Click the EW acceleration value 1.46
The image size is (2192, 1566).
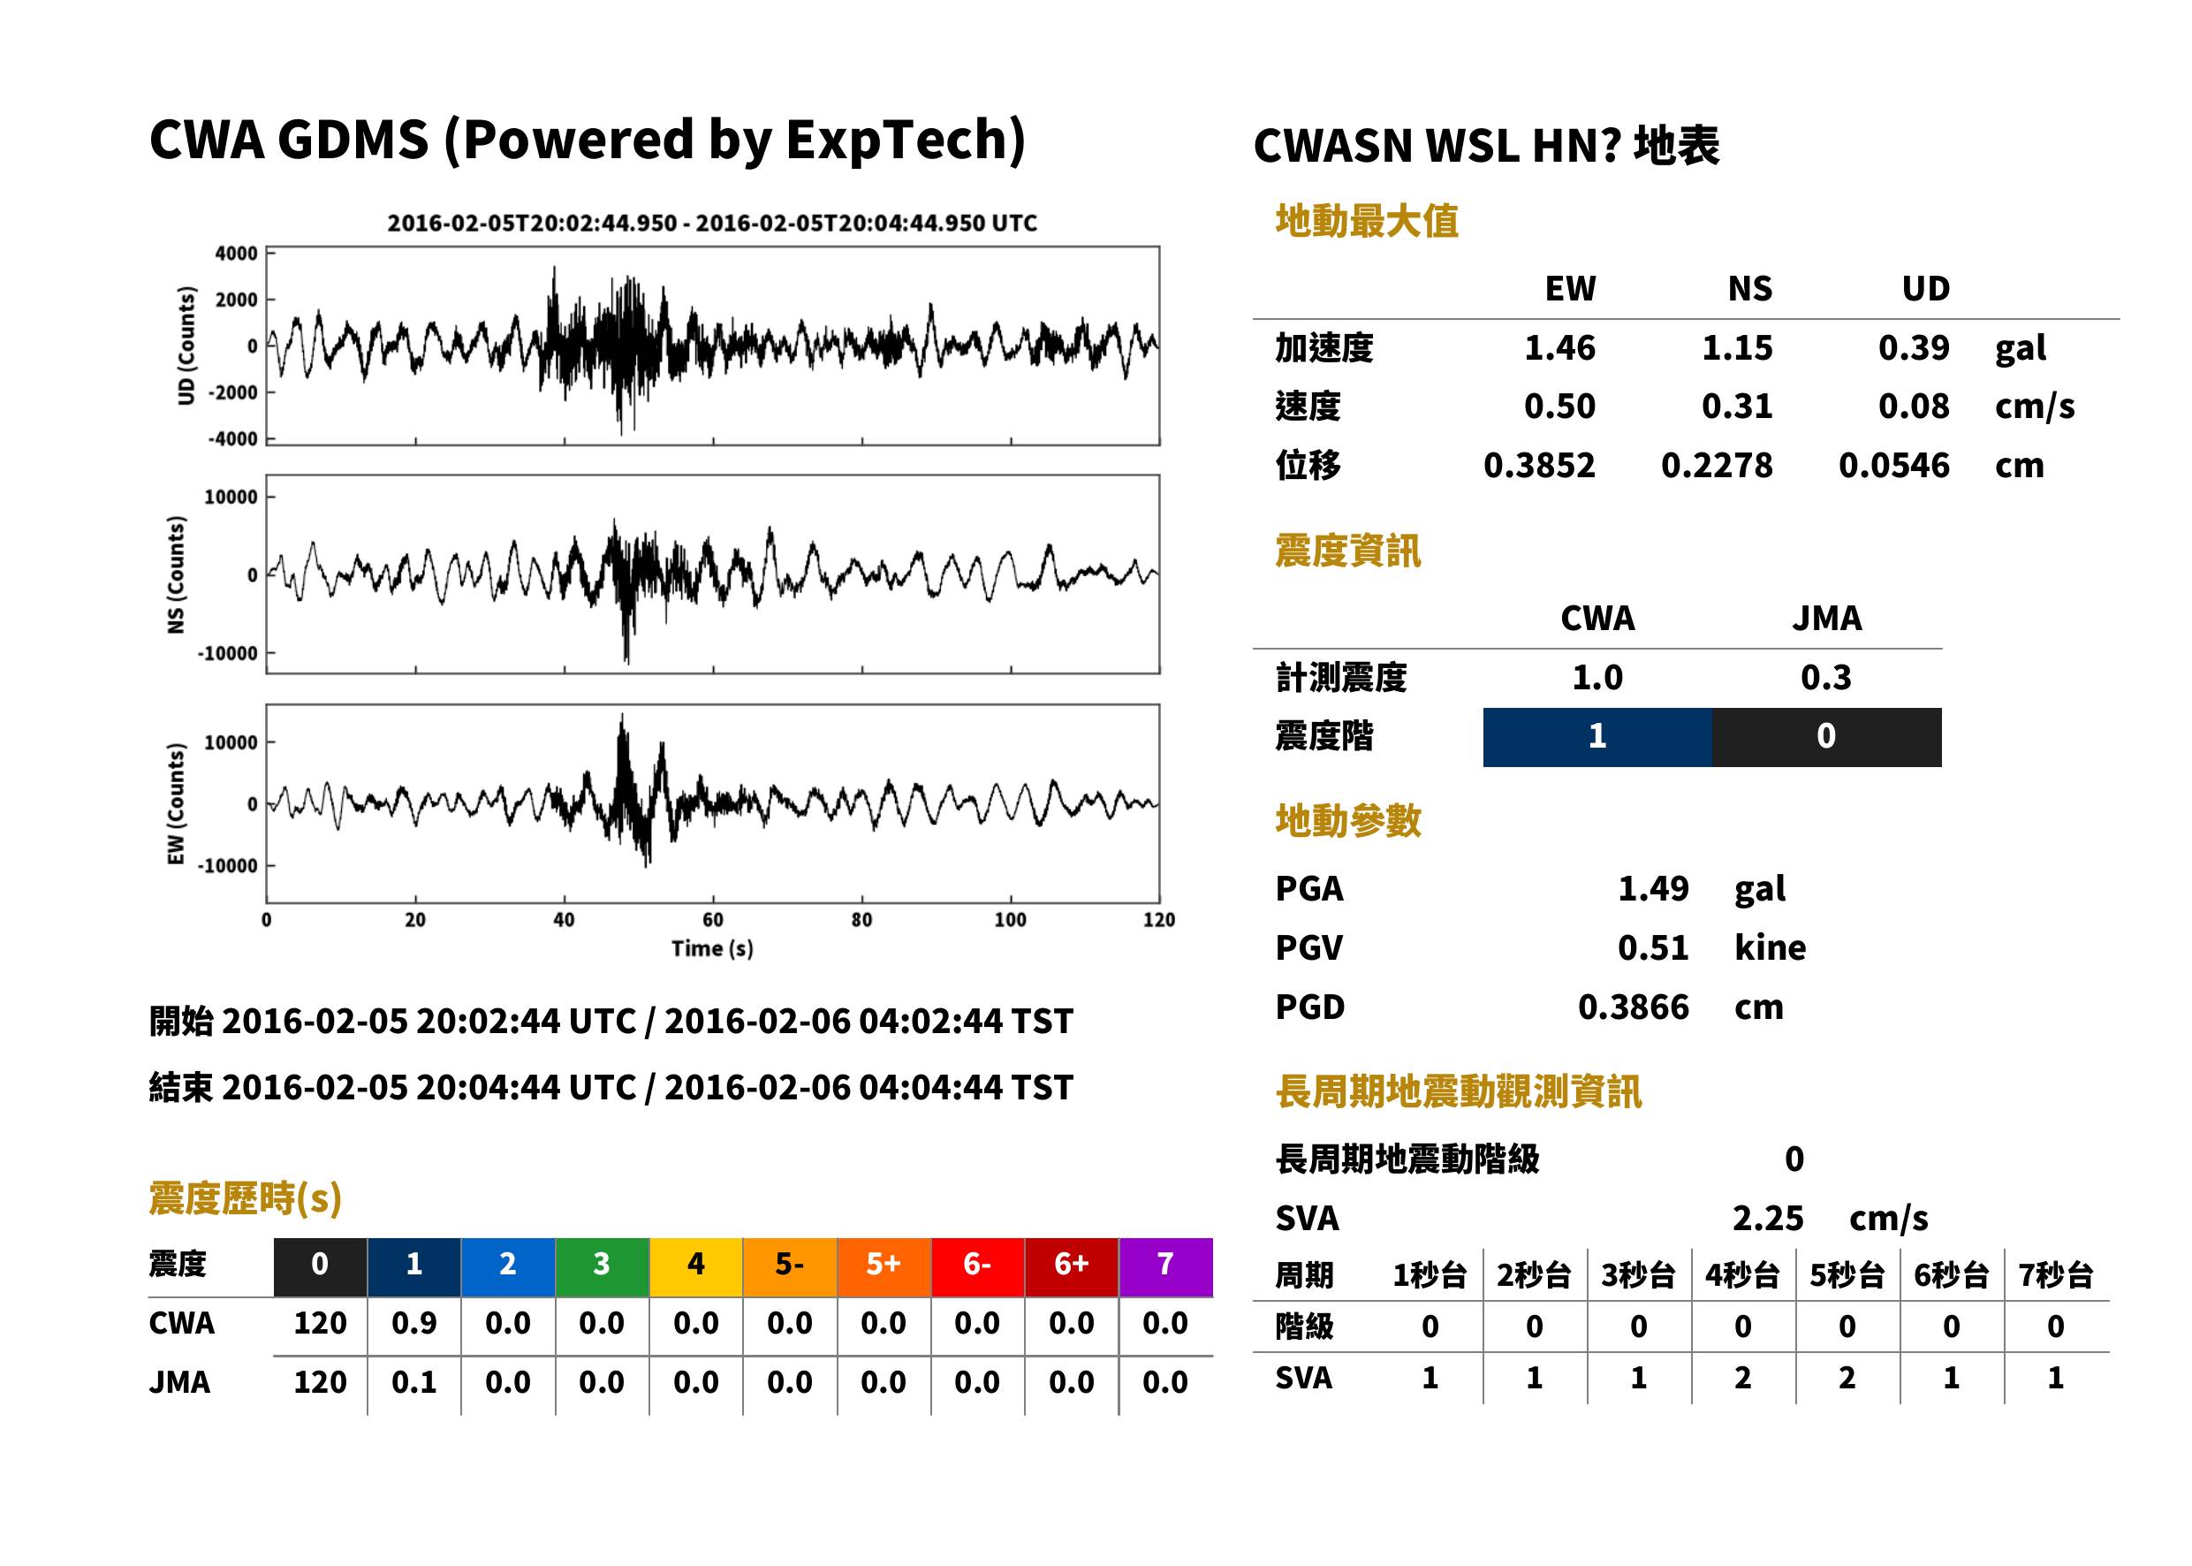(x=1559, y=347)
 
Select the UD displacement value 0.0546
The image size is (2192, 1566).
(x=1893, y=465)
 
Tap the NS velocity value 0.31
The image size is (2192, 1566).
(x=1736, y=406)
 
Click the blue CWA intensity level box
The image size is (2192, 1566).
(x=1597, y=737)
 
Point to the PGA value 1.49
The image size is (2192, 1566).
(x=1653, y=888)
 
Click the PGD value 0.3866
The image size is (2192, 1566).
(x=1633, y=1007)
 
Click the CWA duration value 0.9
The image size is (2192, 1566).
(x=413, y=1323)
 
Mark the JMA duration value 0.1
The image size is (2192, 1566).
(x=413, y=1382)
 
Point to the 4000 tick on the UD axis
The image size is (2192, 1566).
(x=236, y=254)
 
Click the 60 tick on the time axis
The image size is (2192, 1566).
(x=712, y=919)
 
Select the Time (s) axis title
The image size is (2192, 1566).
(x=712, y=949)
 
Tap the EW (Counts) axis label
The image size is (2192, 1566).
(x=176, y=803)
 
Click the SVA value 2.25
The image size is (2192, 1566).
(x=1768, y=1219)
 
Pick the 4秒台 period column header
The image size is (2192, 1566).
(x=1741, y=1274)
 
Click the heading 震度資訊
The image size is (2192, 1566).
(x=1347, y=551)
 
